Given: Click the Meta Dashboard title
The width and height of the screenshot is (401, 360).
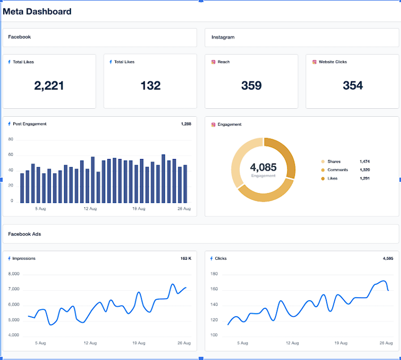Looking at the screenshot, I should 37,11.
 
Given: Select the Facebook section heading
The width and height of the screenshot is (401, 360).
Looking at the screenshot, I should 19,37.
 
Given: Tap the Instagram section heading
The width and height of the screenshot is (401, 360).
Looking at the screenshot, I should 223,37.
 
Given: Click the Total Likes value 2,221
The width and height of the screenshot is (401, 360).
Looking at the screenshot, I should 49,85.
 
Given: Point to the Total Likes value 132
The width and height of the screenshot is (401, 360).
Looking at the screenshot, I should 150,85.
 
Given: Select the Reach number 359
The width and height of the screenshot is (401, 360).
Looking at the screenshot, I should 251,85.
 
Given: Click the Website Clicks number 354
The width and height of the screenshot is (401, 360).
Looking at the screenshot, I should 352,85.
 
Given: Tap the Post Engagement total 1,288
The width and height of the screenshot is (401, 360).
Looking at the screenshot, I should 185,124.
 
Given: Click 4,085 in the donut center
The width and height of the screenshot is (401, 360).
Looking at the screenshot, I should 263,167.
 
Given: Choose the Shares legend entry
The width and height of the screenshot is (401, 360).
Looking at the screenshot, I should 334,162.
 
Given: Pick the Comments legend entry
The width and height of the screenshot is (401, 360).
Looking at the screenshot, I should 337,170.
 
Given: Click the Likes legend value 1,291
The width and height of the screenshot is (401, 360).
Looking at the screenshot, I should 365,179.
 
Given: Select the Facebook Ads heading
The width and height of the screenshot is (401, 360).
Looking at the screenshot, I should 24,234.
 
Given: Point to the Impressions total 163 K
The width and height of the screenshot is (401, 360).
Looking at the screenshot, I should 185,259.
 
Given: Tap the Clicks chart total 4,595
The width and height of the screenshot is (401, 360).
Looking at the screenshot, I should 388,259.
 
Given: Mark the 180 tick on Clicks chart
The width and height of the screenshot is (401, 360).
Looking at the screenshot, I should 214,274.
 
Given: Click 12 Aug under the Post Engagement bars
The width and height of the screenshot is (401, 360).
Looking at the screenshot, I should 90,209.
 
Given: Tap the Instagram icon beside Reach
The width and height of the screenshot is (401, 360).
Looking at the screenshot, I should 214,62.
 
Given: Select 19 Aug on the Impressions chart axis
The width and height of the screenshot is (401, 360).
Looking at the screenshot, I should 138,343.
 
